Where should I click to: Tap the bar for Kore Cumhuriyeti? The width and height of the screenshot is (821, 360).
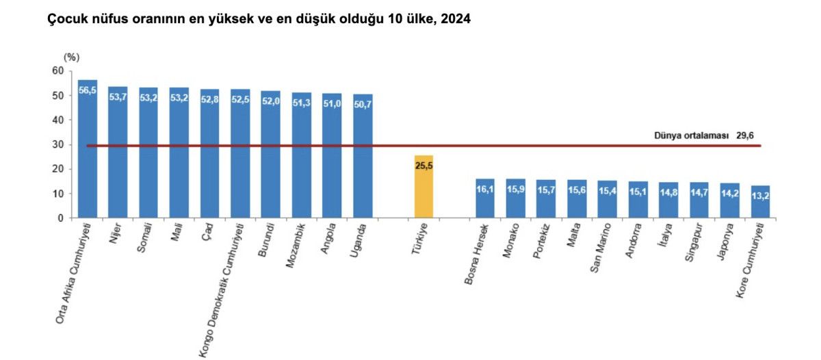pos(760,202)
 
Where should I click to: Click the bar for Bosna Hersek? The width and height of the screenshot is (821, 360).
pos(484,198)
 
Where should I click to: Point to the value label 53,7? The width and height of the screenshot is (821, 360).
pos(118,97)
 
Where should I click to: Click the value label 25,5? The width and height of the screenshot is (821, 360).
pos(423,165)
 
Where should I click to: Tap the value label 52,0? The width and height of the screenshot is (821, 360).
pos(270,101)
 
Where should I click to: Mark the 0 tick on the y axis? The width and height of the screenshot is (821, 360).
pos(60,218)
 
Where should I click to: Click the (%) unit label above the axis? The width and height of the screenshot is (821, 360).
pos(71,57)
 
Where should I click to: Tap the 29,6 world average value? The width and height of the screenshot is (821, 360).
pos(745,136)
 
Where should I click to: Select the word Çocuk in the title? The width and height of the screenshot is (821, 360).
pos(64,20)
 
